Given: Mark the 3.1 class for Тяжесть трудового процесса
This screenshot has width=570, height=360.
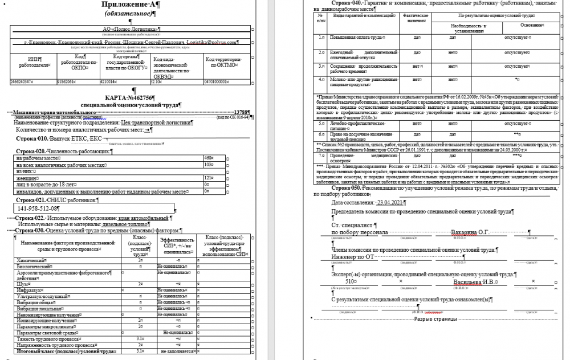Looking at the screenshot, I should (140, 339).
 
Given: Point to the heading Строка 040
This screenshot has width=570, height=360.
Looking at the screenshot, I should (344, 3).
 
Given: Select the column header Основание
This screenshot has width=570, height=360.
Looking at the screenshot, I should (531, 24).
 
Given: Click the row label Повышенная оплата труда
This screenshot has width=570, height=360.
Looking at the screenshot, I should (357, 37).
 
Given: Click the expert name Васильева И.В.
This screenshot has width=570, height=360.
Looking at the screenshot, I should (473, 281).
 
